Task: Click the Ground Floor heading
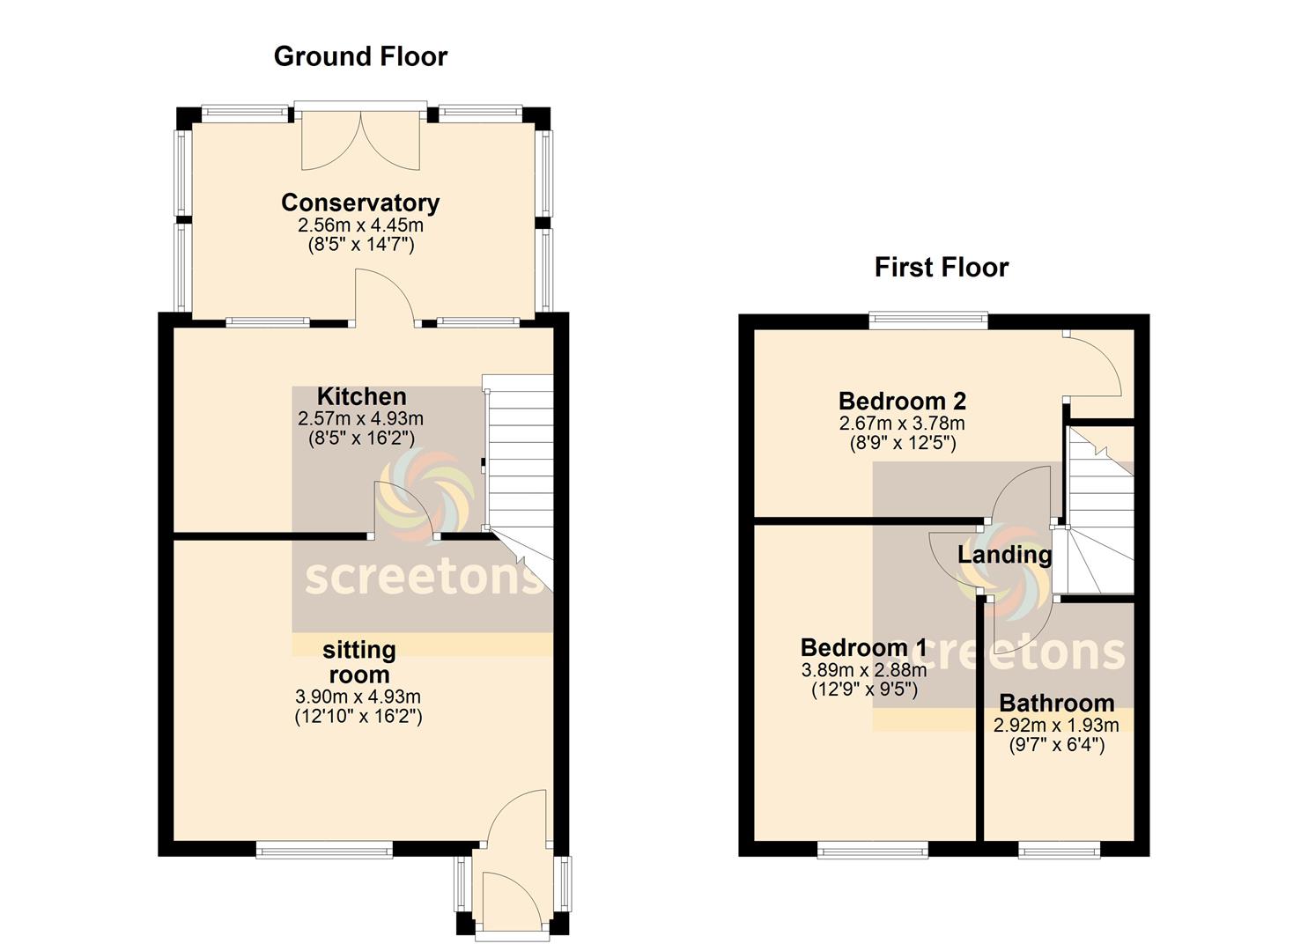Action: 360,56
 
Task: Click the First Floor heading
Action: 942,268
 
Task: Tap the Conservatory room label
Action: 360,203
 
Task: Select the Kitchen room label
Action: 361,396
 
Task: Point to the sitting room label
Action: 359,662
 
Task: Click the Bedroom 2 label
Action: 902,401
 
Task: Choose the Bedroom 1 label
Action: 863,647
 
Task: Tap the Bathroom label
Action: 1057,703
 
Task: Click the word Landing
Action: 1004,555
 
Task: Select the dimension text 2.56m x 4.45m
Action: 360,225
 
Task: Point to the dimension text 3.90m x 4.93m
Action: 358,697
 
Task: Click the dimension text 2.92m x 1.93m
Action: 1056,725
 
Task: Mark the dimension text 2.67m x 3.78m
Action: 902,424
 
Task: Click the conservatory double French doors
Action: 361,139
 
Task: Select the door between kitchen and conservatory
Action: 386,298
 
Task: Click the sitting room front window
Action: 325,850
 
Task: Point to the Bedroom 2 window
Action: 928,321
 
